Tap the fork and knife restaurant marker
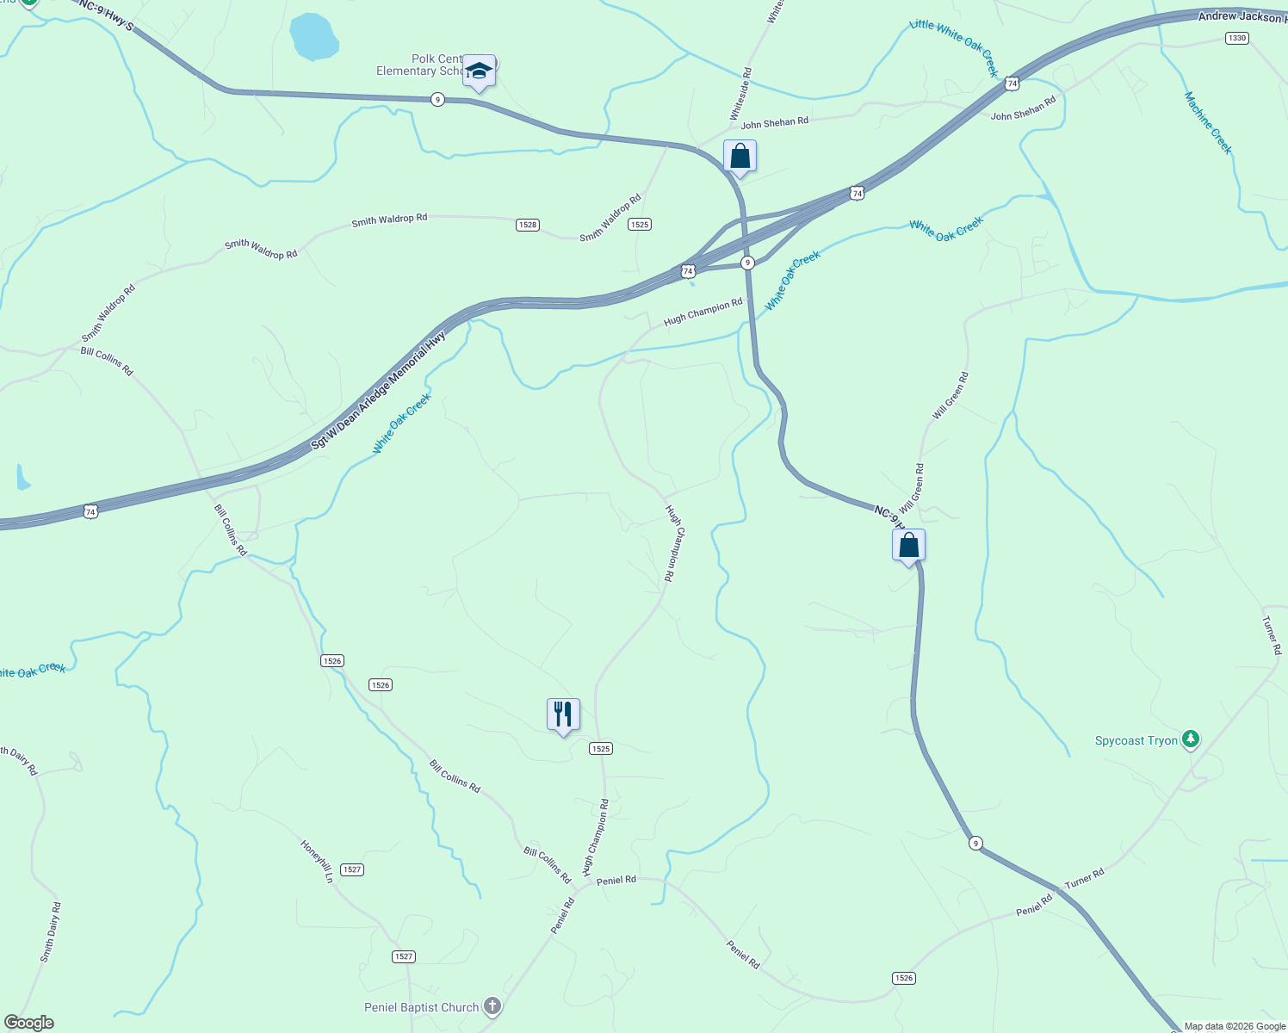point(563,714)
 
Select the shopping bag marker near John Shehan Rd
point(740,157)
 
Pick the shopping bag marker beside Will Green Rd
point(908,546)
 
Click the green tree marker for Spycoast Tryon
point(1191,739)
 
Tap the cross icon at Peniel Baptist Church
point(492,1005)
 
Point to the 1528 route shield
point(528,225)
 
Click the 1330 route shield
point(1237,38)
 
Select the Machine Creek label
point(1208,123)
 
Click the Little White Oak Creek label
point(954,46)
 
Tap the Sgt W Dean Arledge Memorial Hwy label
point(379,390)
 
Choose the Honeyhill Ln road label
point(317,861)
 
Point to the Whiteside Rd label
point(740,95)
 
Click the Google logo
point(28,1023)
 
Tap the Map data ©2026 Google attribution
point(1235,1026)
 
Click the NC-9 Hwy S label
point(106,15)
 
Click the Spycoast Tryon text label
point(1136,740)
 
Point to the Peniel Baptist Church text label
point(421,1007)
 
